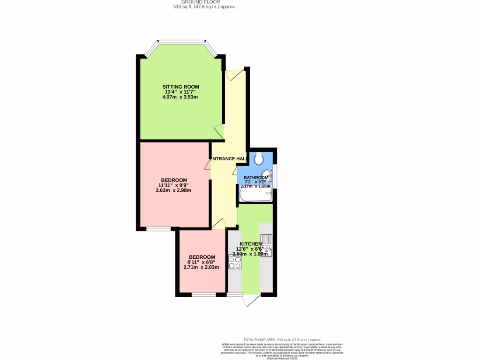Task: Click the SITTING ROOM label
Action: click(180, 87)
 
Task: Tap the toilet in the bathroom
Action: click(259, 159)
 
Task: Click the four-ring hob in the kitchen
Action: click(234, 262)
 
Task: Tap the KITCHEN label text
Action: click(250, 244)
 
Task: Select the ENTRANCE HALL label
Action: click(228, 159)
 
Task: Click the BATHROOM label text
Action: click(255, 178)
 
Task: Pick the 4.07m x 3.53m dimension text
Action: click(180, 97)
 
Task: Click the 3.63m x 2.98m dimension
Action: click(174, 190)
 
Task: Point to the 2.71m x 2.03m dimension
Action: click(202, 267)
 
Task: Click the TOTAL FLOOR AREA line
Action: click(282, 339)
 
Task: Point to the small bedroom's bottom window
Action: click(204, 295)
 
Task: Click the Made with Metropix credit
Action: click(282, 358)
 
